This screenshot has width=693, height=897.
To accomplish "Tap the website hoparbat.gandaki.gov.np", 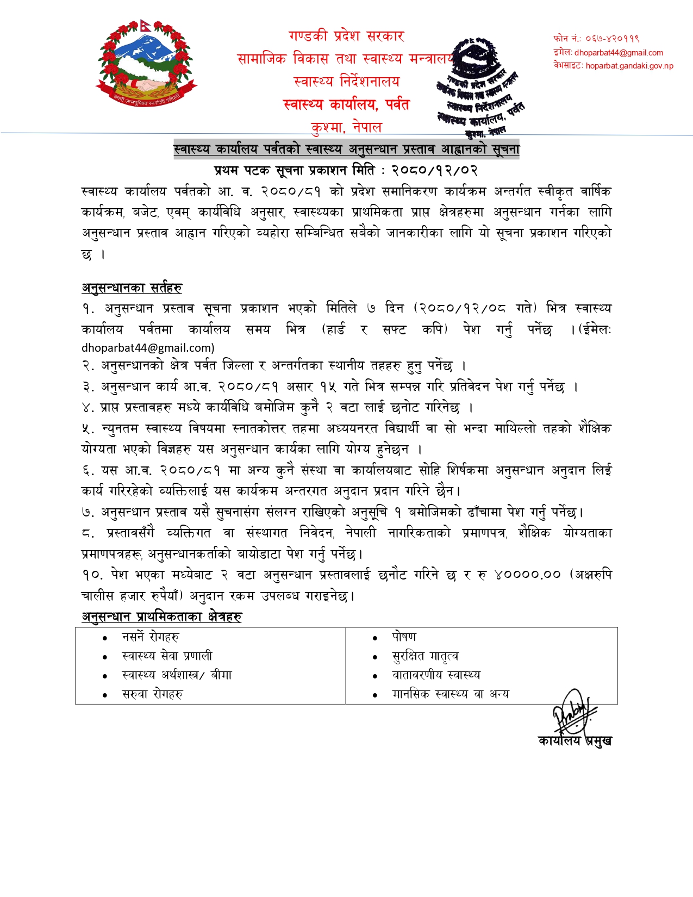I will click(629, 66).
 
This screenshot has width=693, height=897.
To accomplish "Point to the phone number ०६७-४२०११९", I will click(612, 39).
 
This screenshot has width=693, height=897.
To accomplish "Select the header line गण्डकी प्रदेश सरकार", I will click(347, 36).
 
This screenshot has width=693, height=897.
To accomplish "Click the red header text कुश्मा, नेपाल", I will click(347, 127).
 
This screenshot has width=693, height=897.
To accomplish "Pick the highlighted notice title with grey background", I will click(347, 149).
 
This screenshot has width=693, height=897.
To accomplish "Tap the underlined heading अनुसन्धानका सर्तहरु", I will click(132, 288).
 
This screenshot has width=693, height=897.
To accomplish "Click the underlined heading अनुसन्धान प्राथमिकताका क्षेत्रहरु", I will click(162, 616).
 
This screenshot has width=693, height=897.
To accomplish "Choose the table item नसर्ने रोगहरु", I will click(150, 637).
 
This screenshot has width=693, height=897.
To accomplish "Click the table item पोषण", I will click(404, 637).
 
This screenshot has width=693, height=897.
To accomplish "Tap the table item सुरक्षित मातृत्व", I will click(425, 656).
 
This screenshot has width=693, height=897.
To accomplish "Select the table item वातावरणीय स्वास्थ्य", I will click(436, 675).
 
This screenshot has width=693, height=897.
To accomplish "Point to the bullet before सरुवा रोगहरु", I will click(105, 695).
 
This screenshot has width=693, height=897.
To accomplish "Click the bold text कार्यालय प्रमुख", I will click(575, 740).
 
